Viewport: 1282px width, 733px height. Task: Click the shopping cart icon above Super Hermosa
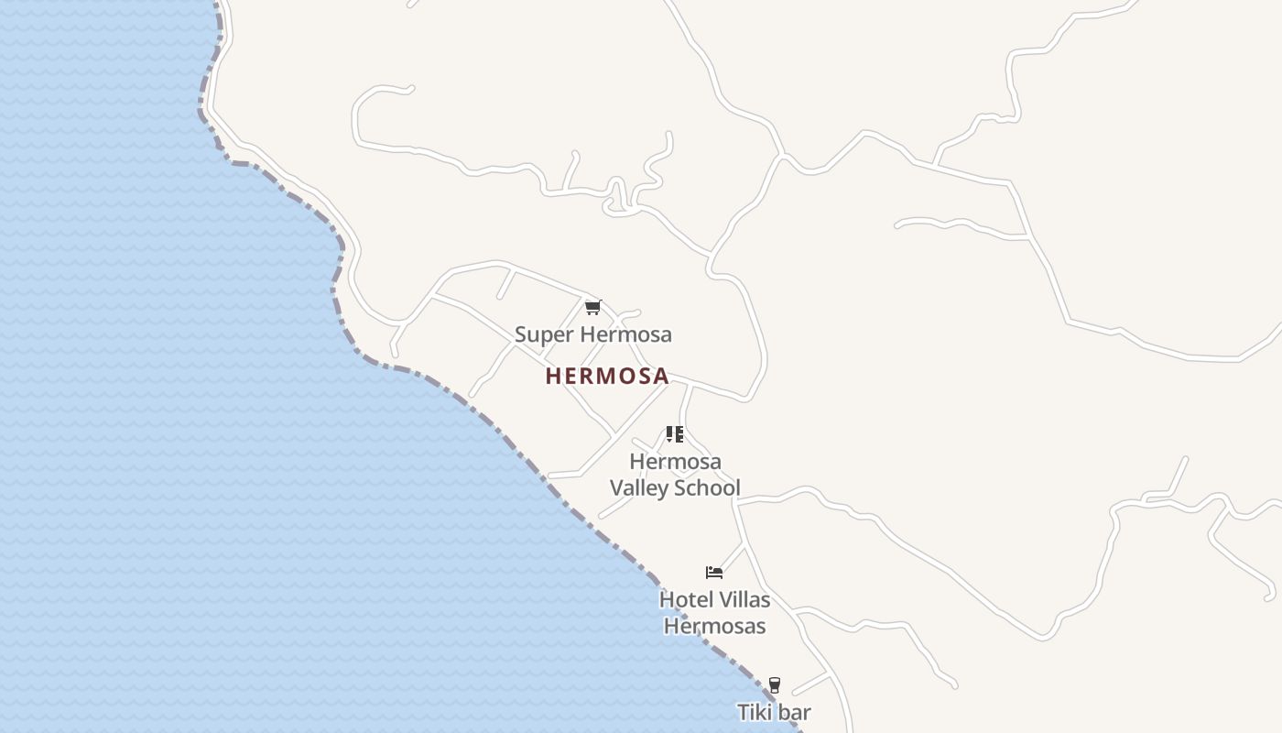click(592, 308)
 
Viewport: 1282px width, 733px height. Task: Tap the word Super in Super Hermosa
click(537, 334)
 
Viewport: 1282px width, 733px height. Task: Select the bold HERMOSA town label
click(607, 377)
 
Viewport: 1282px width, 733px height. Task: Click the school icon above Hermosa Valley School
click(675, 434)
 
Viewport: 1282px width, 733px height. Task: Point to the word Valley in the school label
click(639, 487)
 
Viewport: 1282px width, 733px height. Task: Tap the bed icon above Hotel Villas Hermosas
click(714, 573)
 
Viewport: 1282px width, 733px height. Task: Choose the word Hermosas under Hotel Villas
click(714, 627)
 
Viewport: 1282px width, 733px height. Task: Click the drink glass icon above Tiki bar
click(774, 685)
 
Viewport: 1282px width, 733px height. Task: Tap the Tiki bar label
click(774, 712)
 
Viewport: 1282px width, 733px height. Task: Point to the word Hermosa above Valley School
click(675, 461)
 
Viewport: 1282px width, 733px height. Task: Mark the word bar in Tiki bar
click(794, 712)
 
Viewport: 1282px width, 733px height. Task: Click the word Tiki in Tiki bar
click(755, 712)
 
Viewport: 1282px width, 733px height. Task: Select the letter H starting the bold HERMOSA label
click(552, 377)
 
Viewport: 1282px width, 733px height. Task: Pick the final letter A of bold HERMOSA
click(661, 377)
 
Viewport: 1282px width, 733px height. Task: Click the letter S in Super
click(520, 334)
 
